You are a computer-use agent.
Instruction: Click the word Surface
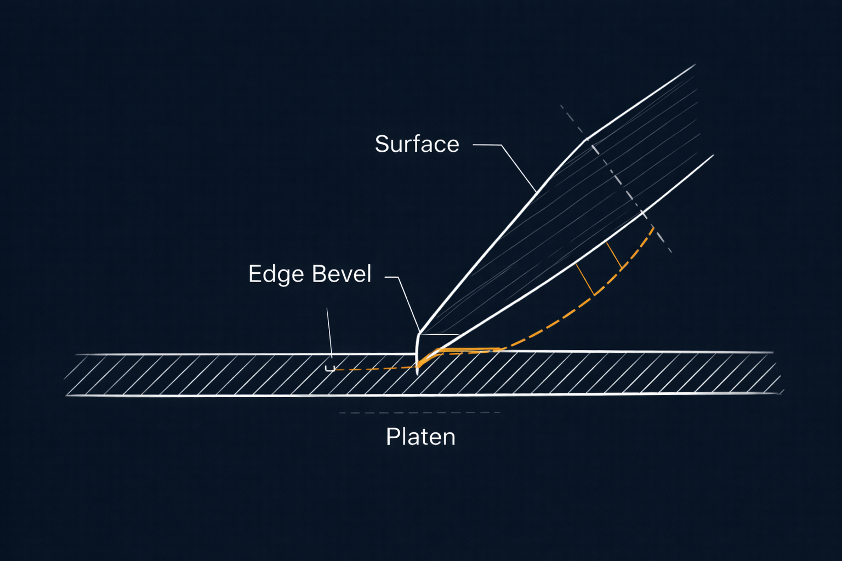(x=417, y=144)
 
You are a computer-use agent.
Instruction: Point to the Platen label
(x=420, y=437)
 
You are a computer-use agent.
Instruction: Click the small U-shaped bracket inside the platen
(x=330, y=369)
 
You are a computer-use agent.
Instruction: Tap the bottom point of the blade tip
(x=418, y=374)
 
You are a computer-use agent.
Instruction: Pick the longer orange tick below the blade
(x=585, y=280)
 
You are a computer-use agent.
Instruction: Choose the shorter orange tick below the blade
(x=614, y=256)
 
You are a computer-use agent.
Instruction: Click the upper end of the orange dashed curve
(x=653, y=226)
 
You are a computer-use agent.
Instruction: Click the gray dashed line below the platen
(x=419, y=413)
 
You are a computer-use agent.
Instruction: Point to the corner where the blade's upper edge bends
(x=587, y=139)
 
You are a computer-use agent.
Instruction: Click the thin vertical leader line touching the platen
(x=329, y=334)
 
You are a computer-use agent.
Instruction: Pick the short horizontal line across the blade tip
(x=439, y=334)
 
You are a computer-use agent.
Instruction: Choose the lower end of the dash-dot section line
(x=670, y=251)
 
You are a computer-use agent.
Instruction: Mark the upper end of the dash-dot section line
(x=561, y=106)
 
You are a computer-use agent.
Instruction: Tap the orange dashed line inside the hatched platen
(x=373, y=369)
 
